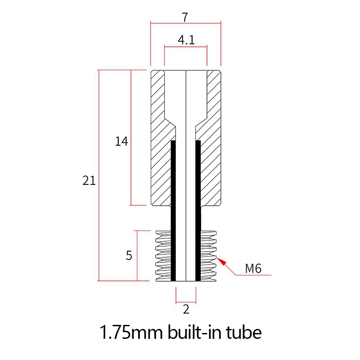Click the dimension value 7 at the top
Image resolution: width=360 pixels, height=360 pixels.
click(x=185, y=17)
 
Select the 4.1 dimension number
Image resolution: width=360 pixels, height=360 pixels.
click(x=186, y=40)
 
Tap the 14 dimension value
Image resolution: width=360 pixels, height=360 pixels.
click(x=121, y=142)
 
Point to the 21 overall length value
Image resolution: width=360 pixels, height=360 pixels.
click(x=89, y=181)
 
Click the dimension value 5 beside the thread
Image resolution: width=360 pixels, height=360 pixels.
click(x=129, y=256)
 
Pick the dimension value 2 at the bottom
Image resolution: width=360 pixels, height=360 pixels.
click(x=186, y=309)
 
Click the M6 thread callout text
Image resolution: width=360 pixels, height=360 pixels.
click(x=253, y=269)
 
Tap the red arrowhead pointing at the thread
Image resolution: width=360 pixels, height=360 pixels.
click(x=220, y=261)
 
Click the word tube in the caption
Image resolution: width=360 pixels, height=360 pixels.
click(x=242, y=333)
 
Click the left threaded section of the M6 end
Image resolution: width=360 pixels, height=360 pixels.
click(x=163, y=256)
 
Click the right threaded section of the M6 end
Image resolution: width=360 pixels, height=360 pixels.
click(x=208, y=256)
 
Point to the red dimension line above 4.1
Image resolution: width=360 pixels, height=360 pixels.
click(x=185, y=46)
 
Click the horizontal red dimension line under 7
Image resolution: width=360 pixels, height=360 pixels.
click(x=185, y=23)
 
